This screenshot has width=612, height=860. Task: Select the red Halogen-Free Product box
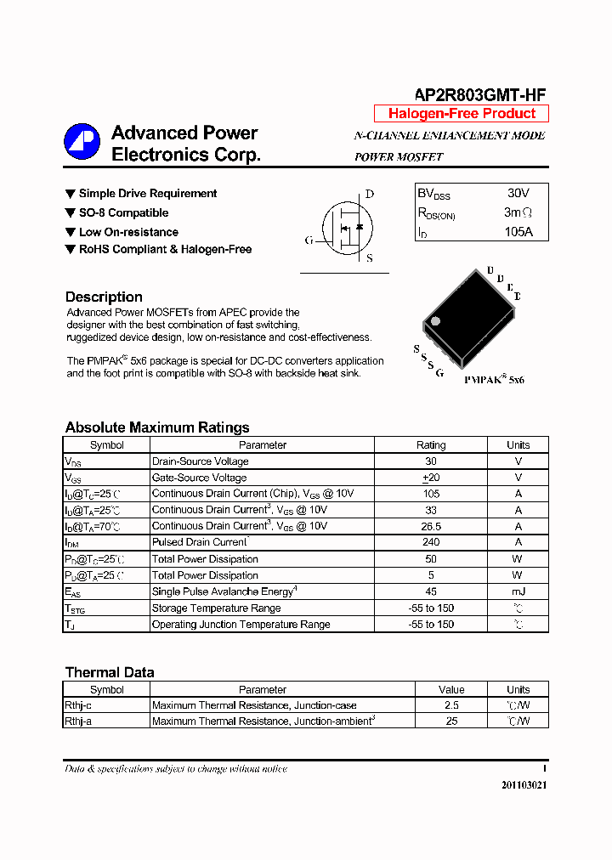[x=462, y=114]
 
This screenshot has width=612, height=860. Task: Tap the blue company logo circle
[x=82, y=142]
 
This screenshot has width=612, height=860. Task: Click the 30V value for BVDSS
[x=518, y=194]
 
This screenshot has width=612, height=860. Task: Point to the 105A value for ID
[x=518, y=231]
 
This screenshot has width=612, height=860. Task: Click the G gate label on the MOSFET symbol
[x=309, y=240]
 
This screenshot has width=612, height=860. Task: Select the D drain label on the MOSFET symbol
[x=370, y=194]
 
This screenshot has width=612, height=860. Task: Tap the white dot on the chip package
[x=435, y=321]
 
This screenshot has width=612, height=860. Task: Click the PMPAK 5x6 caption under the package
[x=494, y=380]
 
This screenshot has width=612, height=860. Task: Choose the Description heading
[x=104, y=297]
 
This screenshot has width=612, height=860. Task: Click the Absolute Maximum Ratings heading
[x=157, y=427]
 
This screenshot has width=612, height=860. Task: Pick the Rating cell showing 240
[x=431, y=542]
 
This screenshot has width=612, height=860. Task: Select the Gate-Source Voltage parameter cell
[x=200, y=478]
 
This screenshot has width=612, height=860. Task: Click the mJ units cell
[x=518, y=591]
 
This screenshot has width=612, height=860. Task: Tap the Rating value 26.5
[x=431, y=526]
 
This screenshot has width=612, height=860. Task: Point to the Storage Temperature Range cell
[x=216, y=608]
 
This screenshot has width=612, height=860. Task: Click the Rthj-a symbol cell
[x=79, y=721]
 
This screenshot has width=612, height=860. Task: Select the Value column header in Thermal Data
[x=451, y=689]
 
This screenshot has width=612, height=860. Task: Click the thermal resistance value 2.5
[x=451, y=705]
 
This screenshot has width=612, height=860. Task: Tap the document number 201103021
[x=524, y=785]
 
